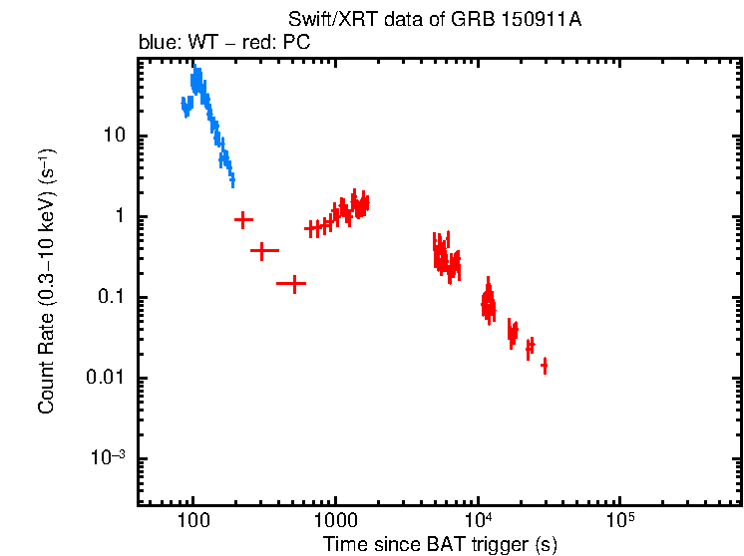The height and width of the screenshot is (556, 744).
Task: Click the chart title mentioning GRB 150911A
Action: point(435,21)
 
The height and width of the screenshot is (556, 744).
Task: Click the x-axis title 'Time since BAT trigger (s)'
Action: point(440,544)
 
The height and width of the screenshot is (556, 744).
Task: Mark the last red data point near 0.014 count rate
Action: point(545,367)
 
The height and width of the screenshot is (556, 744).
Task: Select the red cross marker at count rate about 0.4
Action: point(262,251)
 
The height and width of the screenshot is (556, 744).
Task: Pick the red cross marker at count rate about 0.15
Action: point(292,284)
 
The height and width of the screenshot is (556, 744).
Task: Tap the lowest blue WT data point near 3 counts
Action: point(232,180)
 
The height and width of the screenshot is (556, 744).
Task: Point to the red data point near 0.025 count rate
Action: point(531,345)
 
